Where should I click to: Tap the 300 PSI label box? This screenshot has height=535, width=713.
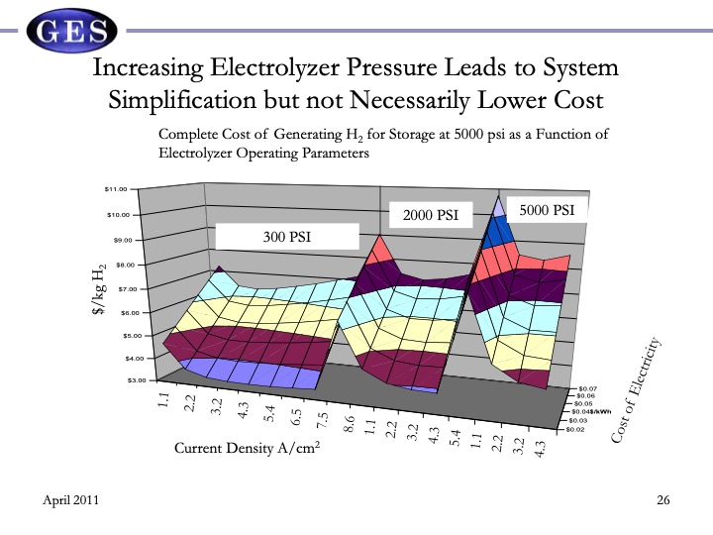click(x=287, y=236)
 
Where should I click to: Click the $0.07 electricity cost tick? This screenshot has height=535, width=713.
click(x=588, y=388)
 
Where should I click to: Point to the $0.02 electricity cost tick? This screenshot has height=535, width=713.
click(x=575, y=429)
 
